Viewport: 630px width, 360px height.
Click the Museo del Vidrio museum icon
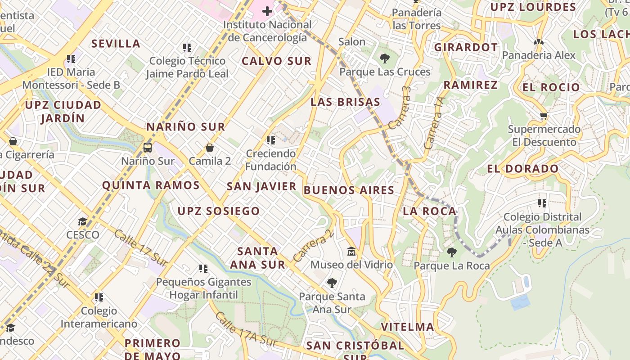(351, 251)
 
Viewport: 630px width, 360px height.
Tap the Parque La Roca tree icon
(451, 252)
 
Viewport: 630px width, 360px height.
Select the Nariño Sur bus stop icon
(147, 147)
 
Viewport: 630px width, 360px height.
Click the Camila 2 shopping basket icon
(209, 147)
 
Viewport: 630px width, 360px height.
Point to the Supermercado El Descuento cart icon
(544, 116)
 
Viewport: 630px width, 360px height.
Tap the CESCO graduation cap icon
(82, 221)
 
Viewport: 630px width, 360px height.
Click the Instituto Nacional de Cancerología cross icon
(267, 11)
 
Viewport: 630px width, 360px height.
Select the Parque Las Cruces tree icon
(384, 58)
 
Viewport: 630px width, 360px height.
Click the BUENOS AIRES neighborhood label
(349, 190)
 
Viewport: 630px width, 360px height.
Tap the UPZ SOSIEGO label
(219, 211)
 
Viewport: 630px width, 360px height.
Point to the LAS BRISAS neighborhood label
(345, 102)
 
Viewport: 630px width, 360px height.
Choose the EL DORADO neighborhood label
(522, 169)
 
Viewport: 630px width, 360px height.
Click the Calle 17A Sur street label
(246, 329)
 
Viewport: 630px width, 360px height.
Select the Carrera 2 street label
(314, 246)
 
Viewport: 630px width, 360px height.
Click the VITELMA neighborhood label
(407, 327)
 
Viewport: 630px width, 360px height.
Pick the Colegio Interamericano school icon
(99, 297)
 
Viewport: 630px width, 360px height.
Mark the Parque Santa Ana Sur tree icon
(332, 283)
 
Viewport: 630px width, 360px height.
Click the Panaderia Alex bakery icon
(538, 42)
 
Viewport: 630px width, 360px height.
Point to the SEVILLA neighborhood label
(116, 44)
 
